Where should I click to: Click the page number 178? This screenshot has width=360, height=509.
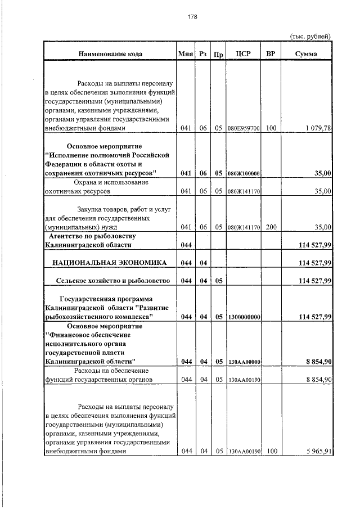click(192, 16)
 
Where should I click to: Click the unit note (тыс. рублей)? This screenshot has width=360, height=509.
click(310, 36)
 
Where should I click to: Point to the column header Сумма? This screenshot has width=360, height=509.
click(305, 54)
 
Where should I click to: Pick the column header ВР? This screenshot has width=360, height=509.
click(271, 54)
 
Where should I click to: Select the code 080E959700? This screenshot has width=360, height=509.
click(244, 129)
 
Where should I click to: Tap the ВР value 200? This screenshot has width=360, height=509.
click(271, 227)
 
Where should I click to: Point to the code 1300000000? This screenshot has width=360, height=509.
click(244, 318)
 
